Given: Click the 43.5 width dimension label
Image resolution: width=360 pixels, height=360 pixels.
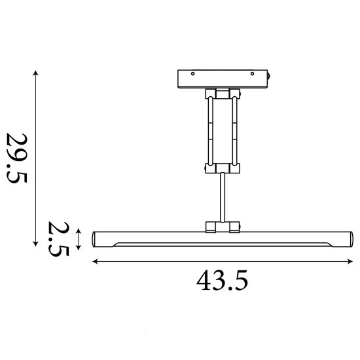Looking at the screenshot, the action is [x=222, y=280].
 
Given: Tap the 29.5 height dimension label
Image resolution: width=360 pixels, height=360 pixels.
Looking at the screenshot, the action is [x=17, y=158].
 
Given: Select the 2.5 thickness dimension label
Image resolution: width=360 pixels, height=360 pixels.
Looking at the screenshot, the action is [x=58, y=239].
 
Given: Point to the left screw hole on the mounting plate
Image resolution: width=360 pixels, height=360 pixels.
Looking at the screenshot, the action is [x=193, y=74].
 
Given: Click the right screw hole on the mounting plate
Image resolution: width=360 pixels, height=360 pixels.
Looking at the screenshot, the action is [x=252, y=74].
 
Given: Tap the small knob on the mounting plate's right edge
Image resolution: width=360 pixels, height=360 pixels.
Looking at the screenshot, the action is [x=268, y=76].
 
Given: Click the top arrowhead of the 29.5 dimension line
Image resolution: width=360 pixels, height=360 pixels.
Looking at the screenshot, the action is [x=35, y=73].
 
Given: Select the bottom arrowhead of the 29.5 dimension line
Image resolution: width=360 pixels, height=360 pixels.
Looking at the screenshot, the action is [x=35, y=243].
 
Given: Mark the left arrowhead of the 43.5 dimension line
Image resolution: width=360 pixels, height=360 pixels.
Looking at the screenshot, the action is [x=95, y=261].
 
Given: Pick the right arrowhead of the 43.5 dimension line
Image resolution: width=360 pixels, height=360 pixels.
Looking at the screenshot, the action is [x=350, y=261].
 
